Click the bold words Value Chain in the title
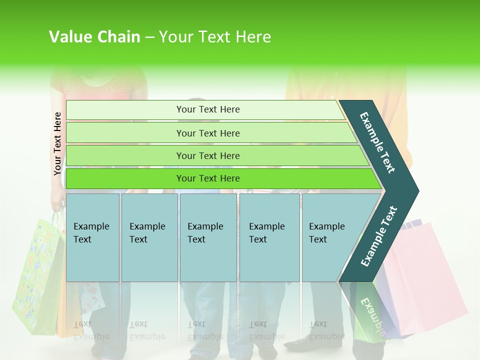(x=94, y=37)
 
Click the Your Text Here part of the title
(x=215, y=37)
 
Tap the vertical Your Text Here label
(x=57, y=143)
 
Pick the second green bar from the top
(x=207, y=133)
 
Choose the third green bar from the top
(x=207, y=155)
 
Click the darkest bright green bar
(x=207, y=178)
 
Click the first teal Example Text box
(x=92, y=237)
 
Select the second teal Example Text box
(x=149, y=237)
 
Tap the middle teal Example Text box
(x=207, y=237)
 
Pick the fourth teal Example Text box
(x=269, y=237)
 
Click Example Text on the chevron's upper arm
(x=377, y=142)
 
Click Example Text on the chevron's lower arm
(x=378, y=236)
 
